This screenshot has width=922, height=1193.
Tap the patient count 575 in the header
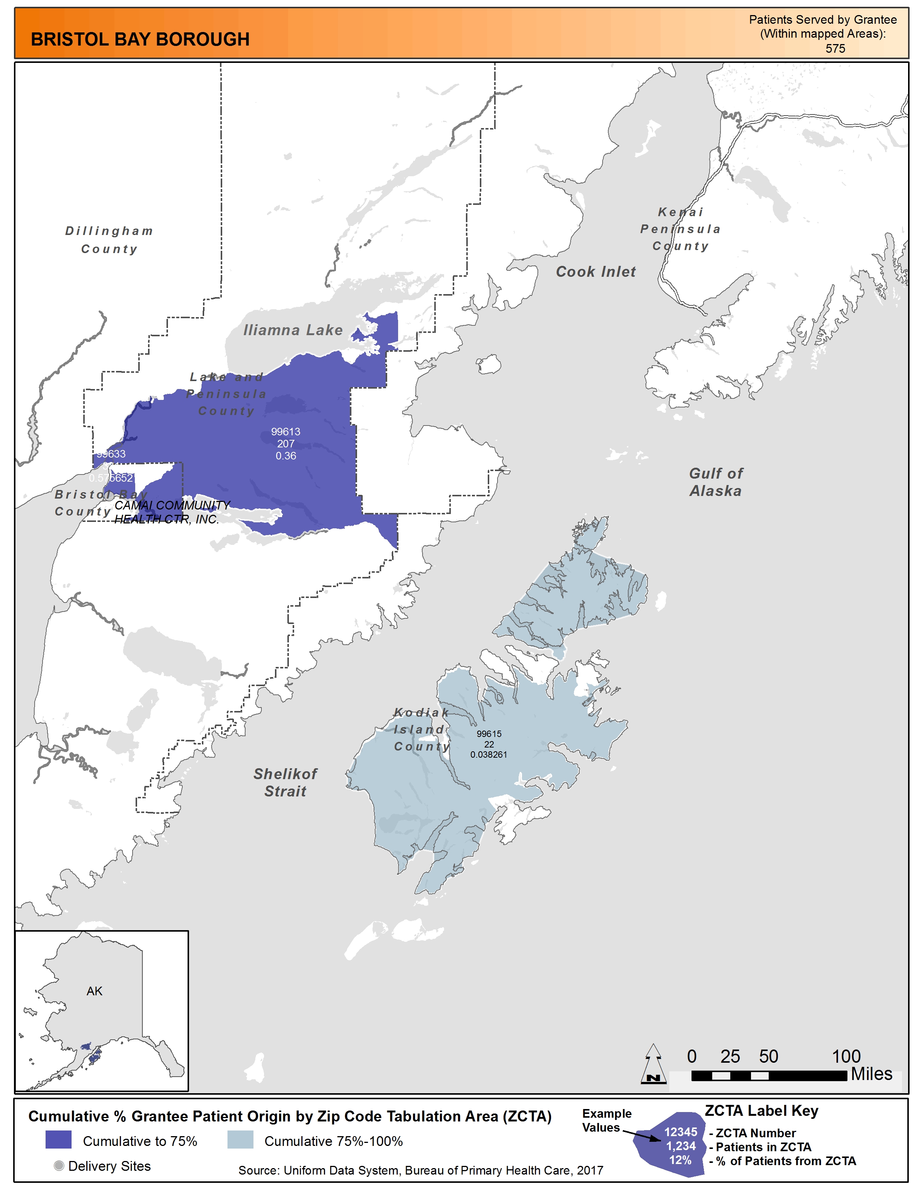tap(835, 49)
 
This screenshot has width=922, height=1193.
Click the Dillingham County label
tap(109, 240)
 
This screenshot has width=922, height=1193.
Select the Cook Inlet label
tap(595, 272)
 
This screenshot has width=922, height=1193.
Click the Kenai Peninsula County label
tap(680, 229)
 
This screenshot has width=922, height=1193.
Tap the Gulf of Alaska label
tap(716, 482)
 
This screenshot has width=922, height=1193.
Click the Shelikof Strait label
tap(285, 782)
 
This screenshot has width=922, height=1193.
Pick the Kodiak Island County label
tap(422, 729)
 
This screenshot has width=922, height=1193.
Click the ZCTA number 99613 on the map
tap(285, 432)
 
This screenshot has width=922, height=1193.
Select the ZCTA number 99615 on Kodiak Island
tap(489, 734)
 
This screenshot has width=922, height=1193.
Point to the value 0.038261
tap(489, 754)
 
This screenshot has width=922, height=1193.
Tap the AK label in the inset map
tap(95, 991)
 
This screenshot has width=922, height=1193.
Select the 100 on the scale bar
tap(846, 1056)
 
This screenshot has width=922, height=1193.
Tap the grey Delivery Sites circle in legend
tap(59, 1166)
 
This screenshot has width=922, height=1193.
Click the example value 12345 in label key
tap(680, 1132)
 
